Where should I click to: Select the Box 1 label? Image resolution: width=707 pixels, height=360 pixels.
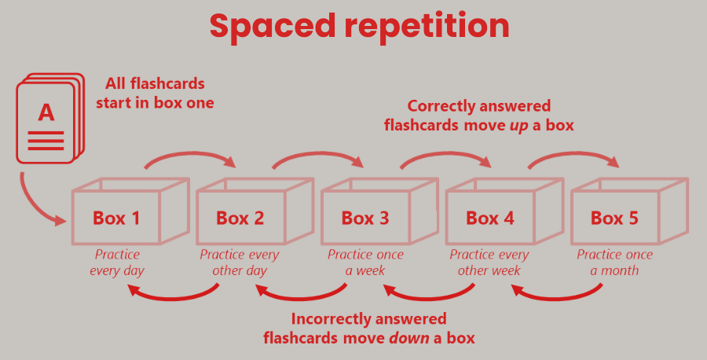click(x=116, y=218)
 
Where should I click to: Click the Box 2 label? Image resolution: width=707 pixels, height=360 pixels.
click(x=240, y=218)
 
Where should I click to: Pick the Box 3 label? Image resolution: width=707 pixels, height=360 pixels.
click(x=365, y=218)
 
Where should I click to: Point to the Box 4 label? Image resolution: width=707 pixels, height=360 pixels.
click(x=490, y=218)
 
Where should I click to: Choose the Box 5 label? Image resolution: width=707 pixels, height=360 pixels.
click(x=614, y=218)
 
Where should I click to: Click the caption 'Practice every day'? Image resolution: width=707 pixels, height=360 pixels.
click(x=117, y=263)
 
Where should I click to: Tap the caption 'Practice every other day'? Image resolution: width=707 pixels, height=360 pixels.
click(x=240, y=263)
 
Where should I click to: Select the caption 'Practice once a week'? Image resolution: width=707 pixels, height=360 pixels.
click(x=365, y=263)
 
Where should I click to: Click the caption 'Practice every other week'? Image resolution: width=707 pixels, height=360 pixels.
click(x=489, y=263)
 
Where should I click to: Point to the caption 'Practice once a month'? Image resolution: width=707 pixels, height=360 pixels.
click(x=614, y=263)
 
